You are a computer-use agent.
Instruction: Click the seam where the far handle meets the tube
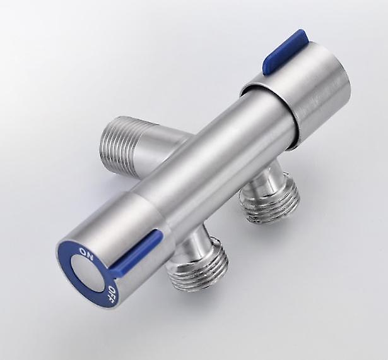click(x=268, y=117)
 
